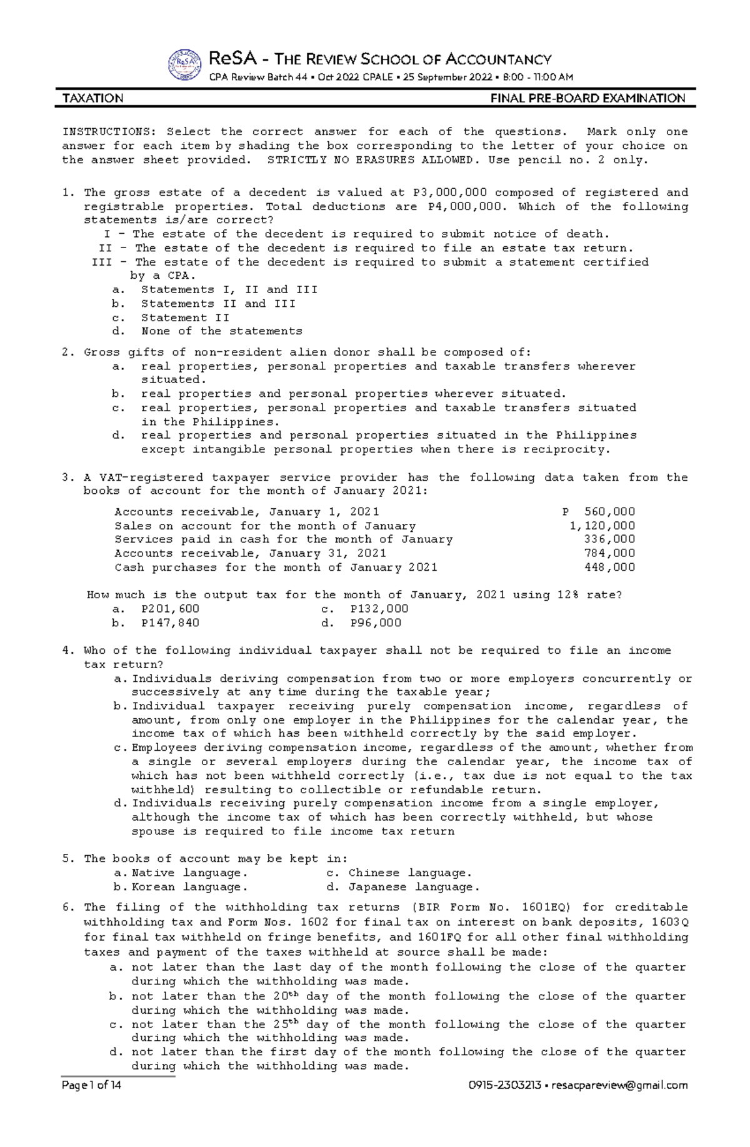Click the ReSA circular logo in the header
click(184, 65)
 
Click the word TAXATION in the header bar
click(92, 98)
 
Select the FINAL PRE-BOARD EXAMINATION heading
click(587, 98)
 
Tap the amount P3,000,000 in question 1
click(450, 193)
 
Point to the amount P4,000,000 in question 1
click(465, 206)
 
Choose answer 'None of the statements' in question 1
click(221, 331)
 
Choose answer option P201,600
click(170, 609)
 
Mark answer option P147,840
click(170, 623)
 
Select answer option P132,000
click(379, 609)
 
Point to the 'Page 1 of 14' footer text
click(91, 1085)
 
